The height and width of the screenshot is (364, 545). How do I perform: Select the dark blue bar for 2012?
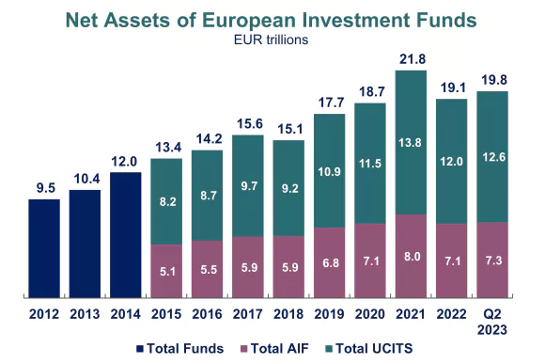point(44,247)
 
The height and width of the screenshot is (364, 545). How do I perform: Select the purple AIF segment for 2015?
point(166,271)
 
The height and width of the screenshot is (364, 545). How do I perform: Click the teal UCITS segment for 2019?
point(329,170)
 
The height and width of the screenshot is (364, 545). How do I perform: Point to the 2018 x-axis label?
point(288,313)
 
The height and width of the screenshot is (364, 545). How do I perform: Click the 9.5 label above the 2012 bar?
point(44,187)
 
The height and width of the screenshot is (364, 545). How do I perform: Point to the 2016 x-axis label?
point(207,313)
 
